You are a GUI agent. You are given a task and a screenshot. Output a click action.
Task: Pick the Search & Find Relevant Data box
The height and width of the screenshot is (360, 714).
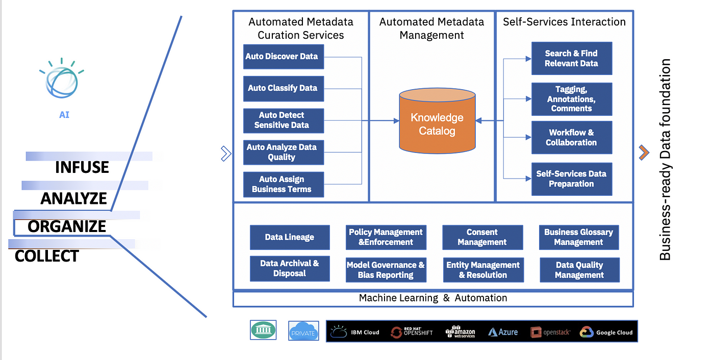(571, 59)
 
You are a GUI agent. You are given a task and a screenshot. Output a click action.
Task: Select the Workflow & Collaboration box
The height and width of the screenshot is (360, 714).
(571, 138)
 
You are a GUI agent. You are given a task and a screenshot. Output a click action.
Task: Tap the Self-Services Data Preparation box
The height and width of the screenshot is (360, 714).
(571, 179)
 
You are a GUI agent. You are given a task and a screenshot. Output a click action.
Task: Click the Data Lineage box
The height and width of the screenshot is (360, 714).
(290, 237)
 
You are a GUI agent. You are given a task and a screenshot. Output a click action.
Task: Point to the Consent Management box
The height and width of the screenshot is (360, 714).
(482, 237)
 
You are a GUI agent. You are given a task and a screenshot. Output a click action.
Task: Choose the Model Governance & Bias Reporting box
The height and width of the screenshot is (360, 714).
(386, 270)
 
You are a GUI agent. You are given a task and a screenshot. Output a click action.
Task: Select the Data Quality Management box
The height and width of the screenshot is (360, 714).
(579, 270)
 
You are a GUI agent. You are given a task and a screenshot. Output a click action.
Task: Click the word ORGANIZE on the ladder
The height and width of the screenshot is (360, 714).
(67, 226)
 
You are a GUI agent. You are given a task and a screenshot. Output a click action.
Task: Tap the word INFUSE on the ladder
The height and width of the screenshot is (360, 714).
(82, 167)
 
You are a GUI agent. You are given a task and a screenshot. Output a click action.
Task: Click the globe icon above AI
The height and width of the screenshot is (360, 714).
(61, 79)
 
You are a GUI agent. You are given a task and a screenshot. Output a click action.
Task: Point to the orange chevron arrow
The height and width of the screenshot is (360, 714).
(644, 152)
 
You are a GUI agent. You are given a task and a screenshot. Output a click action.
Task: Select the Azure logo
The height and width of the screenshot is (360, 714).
(503, 332)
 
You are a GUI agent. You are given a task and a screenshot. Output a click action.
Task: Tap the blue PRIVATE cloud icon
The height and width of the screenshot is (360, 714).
(303, 331)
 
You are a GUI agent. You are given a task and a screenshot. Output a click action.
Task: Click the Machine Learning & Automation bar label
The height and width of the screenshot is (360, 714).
(433, 298)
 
